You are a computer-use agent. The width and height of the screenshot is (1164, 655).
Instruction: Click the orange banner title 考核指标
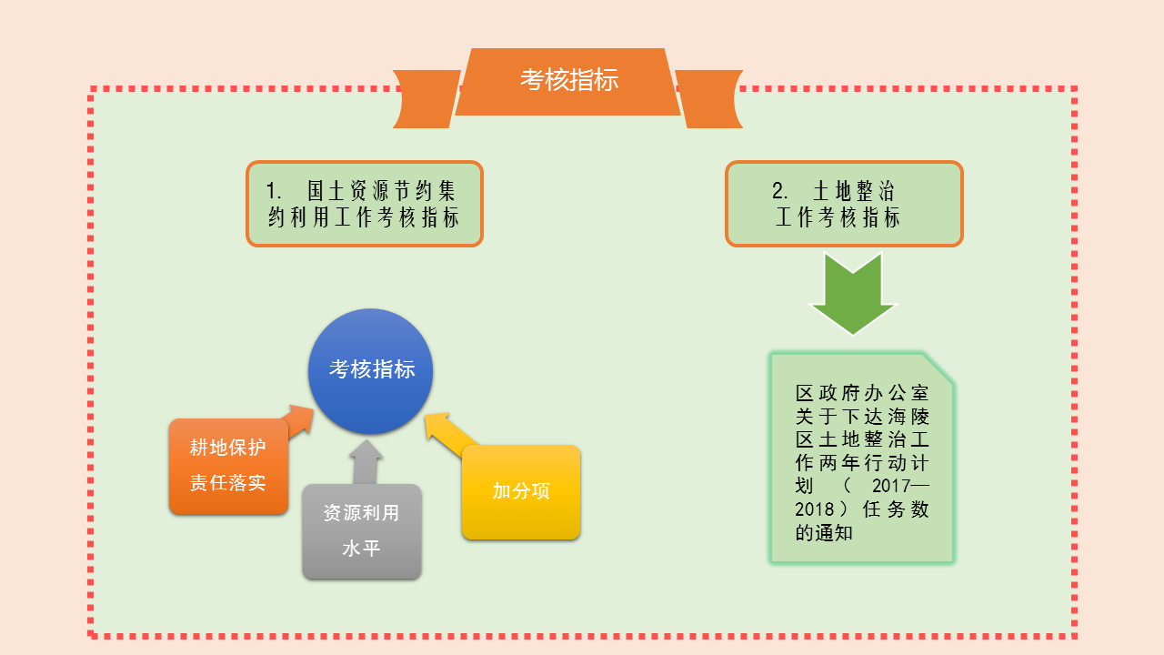(569, 80)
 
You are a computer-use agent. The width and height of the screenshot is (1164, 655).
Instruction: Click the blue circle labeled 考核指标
(371, 370)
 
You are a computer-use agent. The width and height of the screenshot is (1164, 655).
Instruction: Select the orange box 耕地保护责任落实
(228, 466)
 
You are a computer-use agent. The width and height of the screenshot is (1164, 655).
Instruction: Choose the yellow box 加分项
(521, 492)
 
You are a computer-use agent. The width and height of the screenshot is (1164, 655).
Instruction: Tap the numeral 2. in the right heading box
(780, 191)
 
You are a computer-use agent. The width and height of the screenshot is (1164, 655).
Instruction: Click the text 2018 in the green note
(814, 509)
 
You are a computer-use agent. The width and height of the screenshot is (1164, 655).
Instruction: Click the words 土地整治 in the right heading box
(854, 191)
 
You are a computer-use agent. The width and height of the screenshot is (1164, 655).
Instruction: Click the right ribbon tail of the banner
(710, 98)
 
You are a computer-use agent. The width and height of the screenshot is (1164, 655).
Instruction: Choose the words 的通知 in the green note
(824, 533)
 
